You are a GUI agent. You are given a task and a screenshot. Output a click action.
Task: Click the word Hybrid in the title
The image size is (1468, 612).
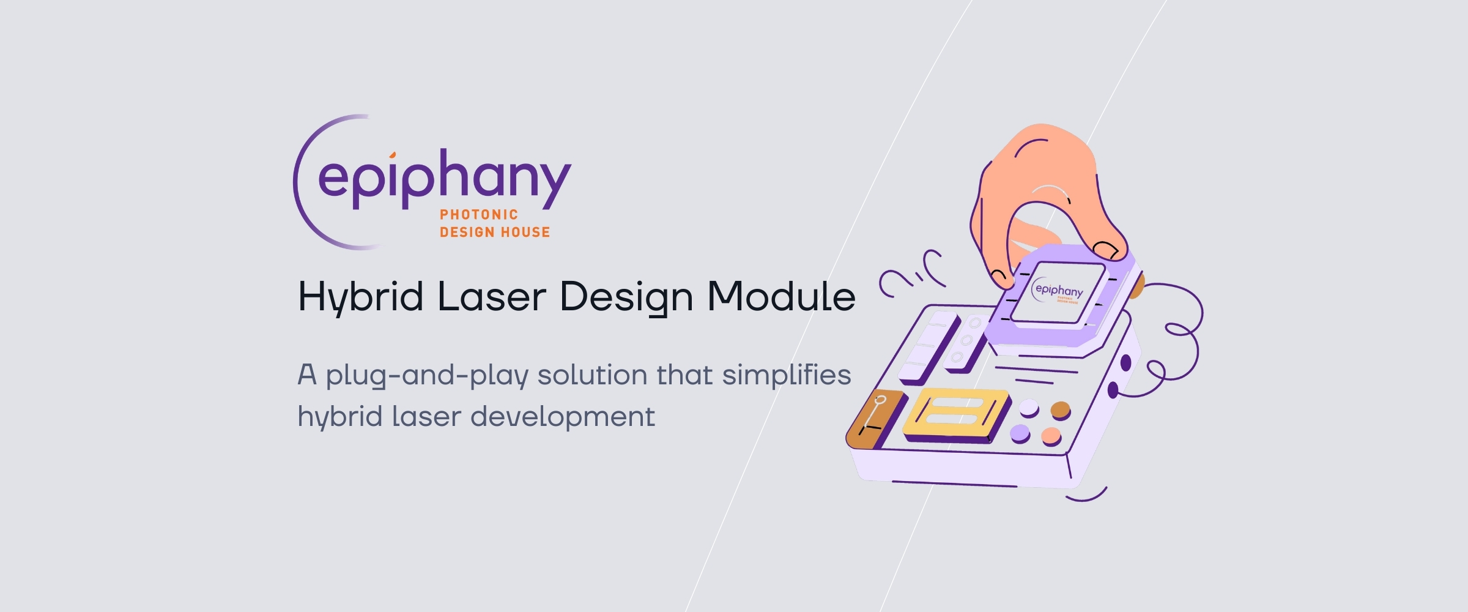[360, 297]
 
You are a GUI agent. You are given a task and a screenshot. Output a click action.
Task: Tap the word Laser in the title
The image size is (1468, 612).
[491, 297]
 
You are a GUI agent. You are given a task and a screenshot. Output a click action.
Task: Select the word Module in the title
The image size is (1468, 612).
[781, 297]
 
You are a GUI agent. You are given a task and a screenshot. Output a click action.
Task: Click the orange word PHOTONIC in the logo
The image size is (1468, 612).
[479, 215]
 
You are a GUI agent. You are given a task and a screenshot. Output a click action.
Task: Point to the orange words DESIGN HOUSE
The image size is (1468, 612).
[495, 233]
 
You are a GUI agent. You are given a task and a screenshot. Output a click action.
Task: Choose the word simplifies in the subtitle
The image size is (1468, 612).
[786, 376]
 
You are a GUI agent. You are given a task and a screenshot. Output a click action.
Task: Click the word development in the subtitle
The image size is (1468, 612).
[563, 417]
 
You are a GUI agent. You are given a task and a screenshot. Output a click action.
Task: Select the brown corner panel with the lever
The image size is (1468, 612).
[876, 418]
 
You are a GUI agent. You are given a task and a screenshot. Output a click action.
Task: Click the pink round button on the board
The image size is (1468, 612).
[1051, 436]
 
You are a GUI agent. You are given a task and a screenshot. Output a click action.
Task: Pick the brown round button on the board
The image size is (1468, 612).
[1061, 409]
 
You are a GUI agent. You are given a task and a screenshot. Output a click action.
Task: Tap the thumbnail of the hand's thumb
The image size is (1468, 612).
[1106, 250]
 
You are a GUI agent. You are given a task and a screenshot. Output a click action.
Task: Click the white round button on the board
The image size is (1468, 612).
[1029, 406]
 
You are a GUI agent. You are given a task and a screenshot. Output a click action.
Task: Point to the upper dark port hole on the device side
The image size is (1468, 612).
[1125, 364]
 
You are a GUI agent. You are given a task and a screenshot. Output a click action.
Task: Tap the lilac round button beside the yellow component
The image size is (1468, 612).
[1020, 433]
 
